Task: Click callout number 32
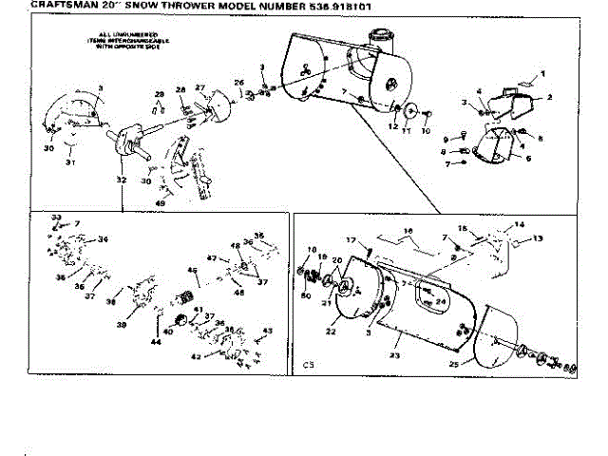121,179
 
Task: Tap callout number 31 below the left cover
67,162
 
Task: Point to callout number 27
200,87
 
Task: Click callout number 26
239,83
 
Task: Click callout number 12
392,125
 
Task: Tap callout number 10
426,130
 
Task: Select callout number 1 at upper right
545,73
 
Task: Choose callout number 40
167,332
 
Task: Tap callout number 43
269,330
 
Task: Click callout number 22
332,332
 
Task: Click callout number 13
536,238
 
